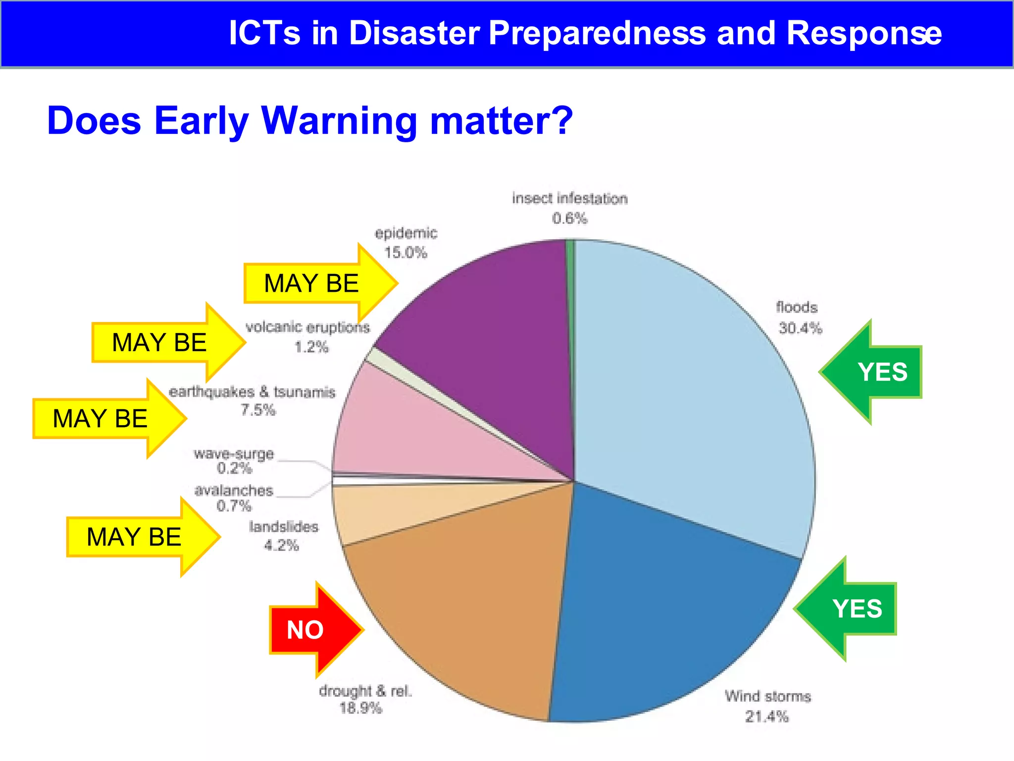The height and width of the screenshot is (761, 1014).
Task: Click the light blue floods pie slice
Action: point(693,396)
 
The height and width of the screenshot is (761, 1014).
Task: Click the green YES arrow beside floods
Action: point(876,372)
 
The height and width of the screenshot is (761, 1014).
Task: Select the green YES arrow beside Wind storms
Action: point(852,608)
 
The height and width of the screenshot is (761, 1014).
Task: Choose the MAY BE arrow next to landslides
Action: point(139,537)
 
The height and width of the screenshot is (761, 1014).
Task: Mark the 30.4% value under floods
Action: point(800,328)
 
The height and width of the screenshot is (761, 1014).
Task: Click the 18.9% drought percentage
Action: point(360,708)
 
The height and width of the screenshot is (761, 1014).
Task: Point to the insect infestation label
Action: point(569,199)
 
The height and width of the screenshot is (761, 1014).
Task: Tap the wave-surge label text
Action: point(234,454)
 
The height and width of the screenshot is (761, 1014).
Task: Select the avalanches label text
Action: point(234,490)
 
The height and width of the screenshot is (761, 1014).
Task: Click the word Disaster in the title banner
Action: point(414,33)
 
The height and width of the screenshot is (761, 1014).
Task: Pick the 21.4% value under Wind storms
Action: point(766,716)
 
